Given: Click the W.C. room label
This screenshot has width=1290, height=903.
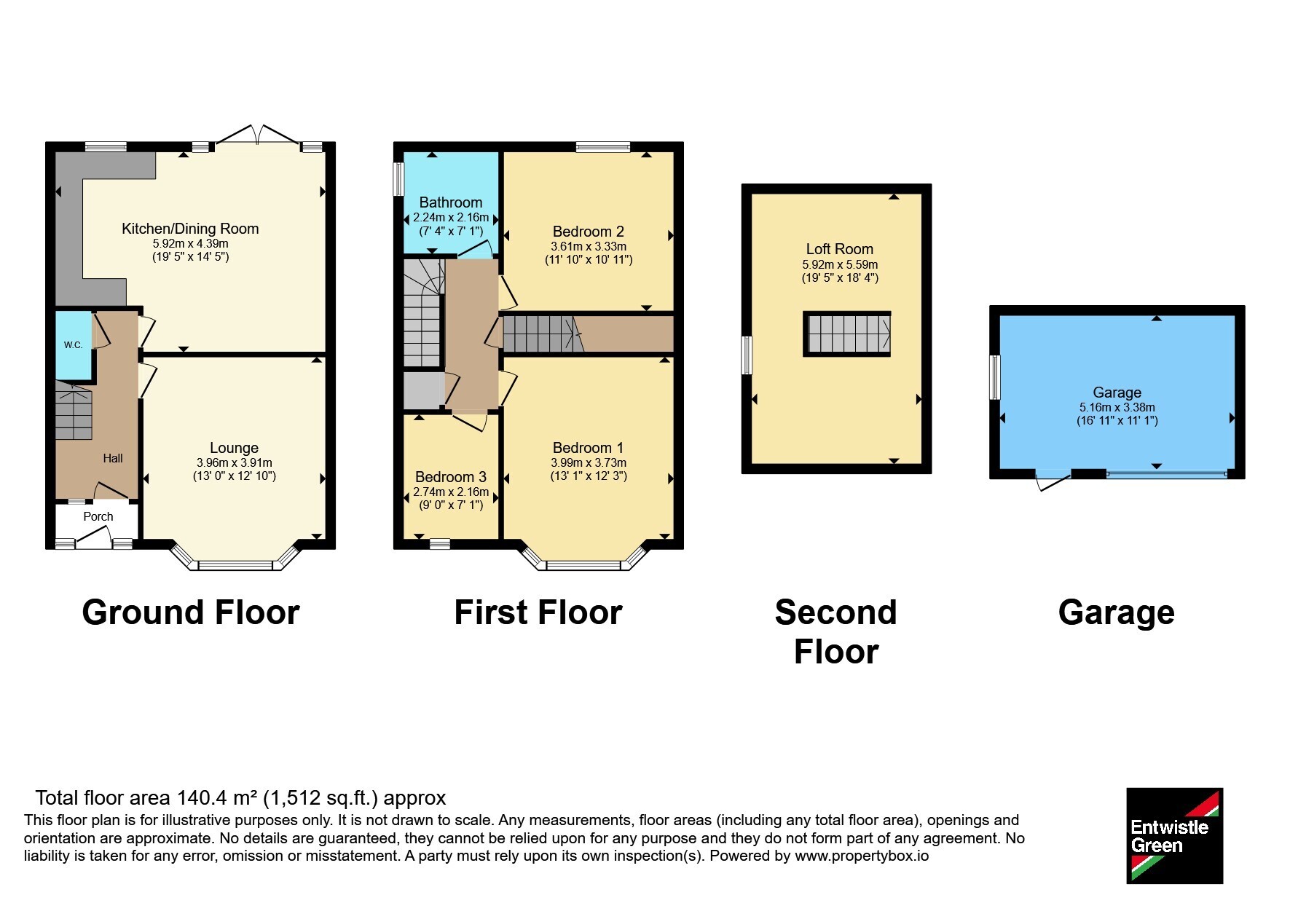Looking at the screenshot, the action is coord(73,345).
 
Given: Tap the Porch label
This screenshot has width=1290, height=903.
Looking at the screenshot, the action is coord(98,516).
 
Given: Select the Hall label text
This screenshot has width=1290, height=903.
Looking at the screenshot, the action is coord(113,458).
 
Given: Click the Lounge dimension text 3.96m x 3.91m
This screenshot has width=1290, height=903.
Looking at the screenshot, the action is coord(234,462).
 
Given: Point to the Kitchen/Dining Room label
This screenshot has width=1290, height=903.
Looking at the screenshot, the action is coord(190,229).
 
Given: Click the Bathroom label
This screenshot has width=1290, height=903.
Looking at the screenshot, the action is coord(451,202).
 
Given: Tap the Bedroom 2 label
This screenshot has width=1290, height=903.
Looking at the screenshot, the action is coord(589,232).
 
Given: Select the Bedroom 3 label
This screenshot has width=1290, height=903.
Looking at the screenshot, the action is coord(451,477).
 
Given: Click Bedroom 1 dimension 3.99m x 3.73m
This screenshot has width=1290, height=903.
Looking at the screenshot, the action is coord(589,462).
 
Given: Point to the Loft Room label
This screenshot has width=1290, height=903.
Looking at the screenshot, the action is coord(840,249).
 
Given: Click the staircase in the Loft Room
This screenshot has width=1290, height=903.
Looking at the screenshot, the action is coord(846,334).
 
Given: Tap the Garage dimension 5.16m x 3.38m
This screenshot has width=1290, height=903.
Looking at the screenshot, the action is coord(1117,408).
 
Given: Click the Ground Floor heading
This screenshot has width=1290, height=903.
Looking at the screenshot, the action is coord(191,612).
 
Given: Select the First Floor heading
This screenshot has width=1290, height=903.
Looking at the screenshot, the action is coord(538,612).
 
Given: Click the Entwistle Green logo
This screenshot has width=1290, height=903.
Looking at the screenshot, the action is coord(1174,836).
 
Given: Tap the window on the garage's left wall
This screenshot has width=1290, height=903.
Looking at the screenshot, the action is coord(994,377).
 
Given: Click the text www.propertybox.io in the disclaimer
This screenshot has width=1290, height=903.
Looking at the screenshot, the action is coord(862,856).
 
